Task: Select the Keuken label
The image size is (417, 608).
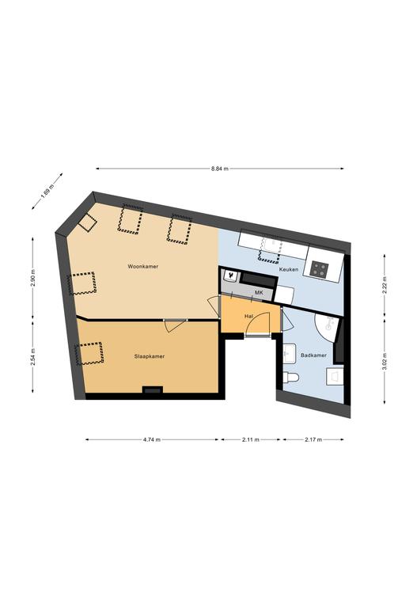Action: point(289,269)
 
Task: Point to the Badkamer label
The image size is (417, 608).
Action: point(313,355)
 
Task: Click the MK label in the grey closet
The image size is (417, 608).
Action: point(259,292)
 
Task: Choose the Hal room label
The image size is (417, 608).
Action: point(248,317)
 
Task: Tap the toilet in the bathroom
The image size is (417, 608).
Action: point(290,377)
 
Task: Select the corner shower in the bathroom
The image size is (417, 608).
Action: point(327,327)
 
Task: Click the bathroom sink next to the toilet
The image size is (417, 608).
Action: point(290,353)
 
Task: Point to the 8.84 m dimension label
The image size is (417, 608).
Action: point(220,169)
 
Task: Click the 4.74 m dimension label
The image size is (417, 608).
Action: point(152,439)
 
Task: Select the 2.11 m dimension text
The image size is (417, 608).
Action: point(251,439)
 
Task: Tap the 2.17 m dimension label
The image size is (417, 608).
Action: point(313,439)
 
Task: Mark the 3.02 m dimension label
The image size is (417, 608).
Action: point(385,361)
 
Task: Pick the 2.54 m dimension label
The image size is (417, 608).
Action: point(32,355)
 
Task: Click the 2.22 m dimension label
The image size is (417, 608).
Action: point(385,286)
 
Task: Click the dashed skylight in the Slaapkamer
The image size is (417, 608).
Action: point(90,353)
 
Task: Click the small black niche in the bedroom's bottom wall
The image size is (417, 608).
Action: point(152,390)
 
